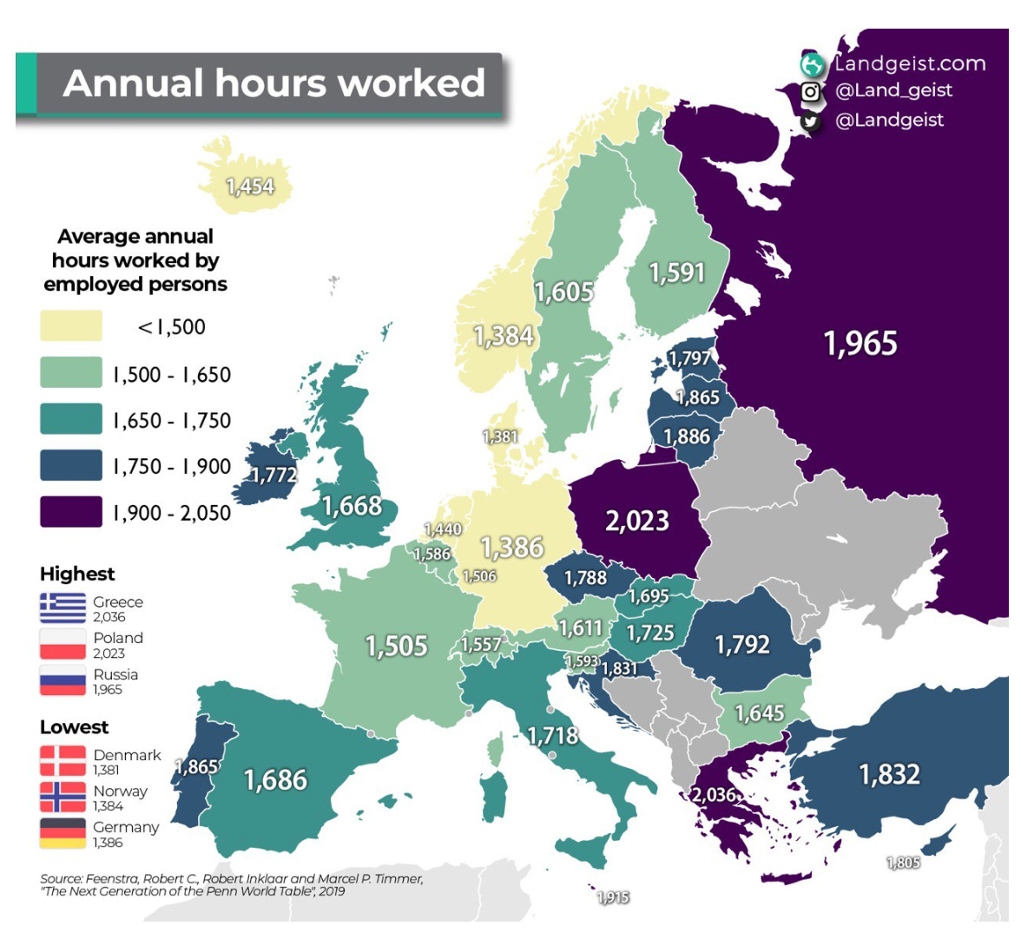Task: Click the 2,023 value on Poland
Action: coord(637,521)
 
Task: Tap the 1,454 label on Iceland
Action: coord(250,187)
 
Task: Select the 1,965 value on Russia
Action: coord(860,344)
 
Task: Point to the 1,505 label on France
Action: coord(396,646)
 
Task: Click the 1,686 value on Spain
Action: coord(276,779)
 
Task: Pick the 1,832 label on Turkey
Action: coord(889,773)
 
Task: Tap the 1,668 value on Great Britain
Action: coord(352,505)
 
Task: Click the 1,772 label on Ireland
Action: coord(274,475)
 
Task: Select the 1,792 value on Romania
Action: coord(741,644)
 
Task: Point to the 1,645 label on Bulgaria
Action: coord(760,713)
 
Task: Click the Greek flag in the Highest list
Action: coord(63,608)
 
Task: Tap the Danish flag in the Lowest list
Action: coord(63,761)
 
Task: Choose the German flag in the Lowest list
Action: coord(63,833)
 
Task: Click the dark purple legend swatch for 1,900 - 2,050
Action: coord(71,512)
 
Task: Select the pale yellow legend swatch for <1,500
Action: coord(71,326)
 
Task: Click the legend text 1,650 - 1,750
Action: coord(172,421)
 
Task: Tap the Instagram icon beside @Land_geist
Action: coord(811,91)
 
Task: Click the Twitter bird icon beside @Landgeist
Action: coord(811,121)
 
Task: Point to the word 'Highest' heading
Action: coord(77,574)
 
